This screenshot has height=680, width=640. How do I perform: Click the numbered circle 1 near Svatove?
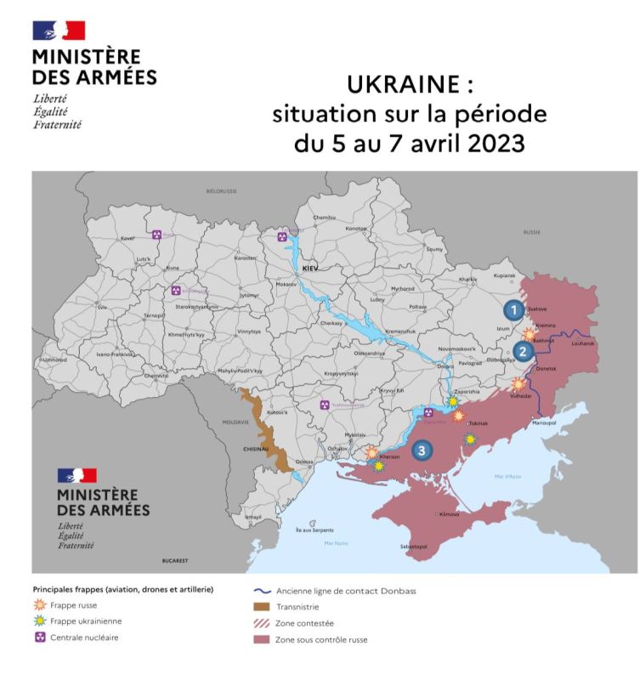[513, 309]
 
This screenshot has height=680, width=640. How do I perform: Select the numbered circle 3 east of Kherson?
[422, 450]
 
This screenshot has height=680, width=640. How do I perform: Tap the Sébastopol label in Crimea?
[413, 547]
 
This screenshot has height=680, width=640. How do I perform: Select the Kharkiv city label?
[468, 279]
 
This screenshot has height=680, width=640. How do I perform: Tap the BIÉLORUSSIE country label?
[221, 191]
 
